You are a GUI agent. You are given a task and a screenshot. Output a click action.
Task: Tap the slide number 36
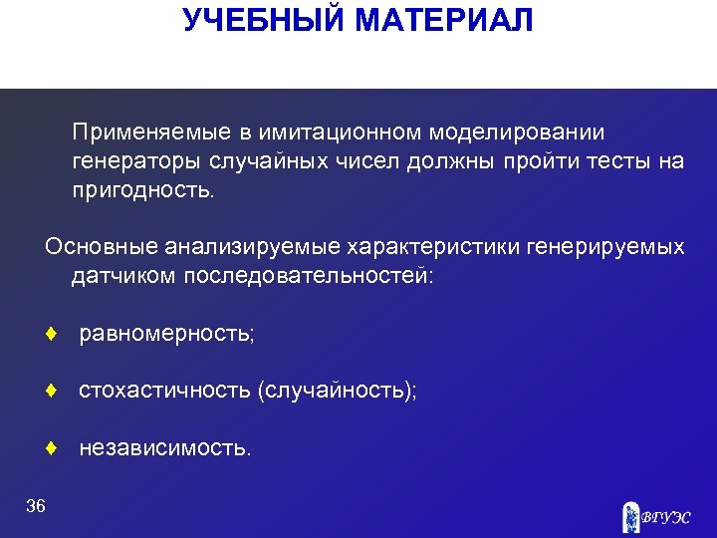[36, 507]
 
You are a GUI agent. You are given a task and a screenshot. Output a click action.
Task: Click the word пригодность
[141, 190]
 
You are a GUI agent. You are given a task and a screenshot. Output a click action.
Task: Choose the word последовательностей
[308, 275]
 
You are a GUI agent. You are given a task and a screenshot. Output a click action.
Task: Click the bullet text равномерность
[167, 334]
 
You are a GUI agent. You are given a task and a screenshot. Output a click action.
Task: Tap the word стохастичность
[164, 392]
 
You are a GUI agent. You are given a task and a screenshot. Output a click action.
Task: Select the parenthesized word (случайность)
[337, 392]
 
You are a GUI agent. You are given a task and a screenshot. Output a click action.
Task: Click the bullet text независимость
[165, 449]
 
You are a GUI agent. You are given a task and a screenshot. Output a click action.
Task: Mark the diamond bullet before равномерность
[50, 334]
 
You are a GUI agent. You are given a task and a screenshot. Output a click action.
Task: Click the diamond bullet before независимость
[50, 449]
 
